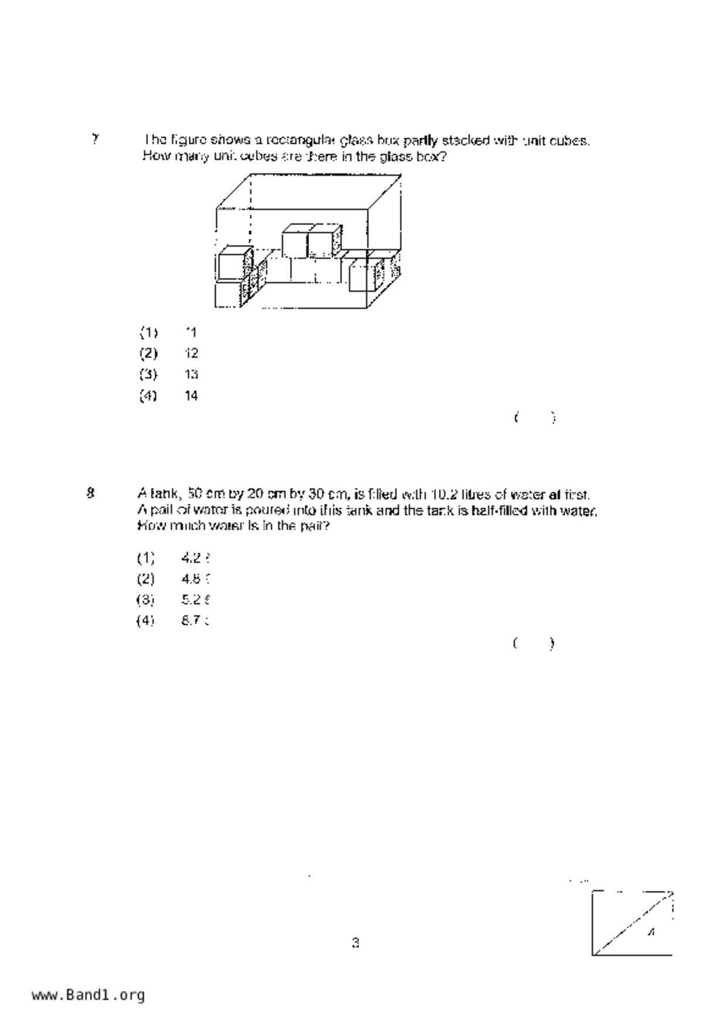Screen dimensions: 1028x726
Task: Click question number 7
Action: [x=95, y=139]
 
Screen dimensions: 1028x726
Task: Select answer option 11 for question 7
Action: [x=190, y=332]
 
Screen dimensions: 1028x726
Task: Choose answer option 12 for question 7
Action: [x=191, y=353]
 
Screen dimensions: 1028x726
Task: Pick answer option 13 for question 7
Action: [x=191, y=375]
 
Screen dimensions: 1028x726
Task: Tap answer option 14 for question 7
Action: [x=191, y=396]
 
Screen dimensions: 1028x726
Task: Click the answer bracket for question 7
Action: [x=534, y=418]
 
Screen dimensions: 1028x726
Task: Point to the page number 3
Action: [x=355, y=943]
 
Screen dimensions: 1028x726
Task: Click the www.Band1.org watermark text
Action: [x=88, y=995]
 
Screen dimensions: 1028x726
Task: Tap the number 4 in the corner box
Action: [x=651, y=932]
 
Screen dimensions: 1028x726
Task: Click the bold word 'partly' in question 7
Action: [x=421, y=141]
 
